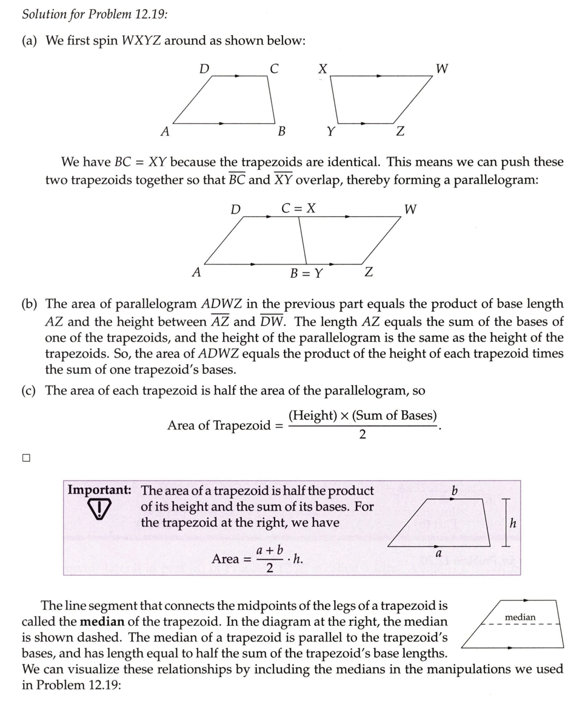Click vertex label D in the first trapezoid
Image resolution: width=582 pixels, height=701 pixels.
[204, 69]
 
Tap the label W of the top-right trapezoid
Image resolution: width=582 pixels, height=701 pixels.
[442, 69]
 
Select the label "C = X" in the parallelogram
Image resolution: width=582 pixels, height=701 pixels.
[298, 208]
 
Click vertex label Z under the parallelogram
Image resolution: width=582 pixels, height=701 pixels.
[368, 273]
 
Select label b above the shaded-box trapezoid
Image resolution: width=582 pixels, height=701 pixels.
[454, 490]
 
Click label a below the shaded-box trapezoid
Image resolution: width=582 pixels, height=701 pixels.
[438, 553]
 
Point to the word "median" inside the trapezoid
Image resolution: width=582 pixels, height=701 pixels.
[520, 617]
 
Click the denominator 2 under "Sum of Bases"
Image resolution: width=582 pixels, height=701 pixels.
[363, 435]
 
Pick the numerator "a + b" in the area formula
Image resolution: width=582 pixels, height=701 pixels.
[270, 550]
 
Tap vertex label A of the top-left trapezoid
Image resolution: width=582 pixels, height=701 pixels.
[164, 131]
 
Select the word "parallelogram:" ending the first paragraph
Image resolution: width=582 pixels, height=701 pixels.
[489, 180]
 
